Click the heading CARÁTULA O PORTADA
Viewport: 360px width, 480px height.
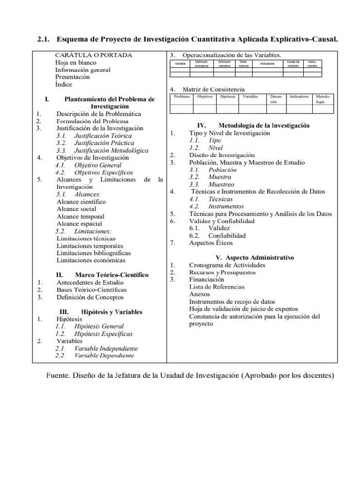[x=94, y=55]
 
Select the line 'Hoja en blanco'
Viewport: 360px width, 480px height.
[x=75, y=62]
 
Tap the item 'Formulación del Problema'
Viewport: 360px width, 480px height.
[x=92, y=121]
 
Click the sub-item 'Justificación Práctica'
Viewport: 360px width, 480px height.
[x=104, y=143]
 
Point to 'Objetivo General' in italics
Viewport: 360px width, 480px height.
[x=97, y=165]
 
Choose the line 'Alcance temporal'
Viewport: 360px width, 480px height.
[x=80, y=217]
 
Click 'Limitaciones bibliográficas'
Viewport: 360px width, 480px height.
[x=94, y=253]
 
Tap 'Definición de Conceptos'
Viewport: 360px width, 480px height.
[x=90, y=297]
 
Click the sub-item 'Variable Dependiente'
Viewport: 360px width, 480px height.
[x=104, y=356]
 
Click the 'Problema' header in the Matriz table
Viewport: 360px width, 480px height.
[x=181, y=97]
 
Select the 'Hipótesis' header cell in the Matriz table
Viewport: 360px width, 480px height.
[x=227, y=97]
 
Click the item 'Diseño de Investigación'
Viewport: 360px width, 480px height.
[x=222, y=155]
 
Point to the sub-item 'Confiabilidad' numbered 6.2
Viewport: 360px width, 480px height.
[x=227, y=236]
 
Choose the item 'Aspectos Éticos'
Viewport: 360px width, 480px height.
[x=210, y=243]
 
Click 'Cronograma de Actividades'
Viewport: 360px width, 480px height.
[x=227, y=265]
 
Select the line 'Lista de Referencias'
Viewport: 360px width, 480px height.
[x=217, y=287]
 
